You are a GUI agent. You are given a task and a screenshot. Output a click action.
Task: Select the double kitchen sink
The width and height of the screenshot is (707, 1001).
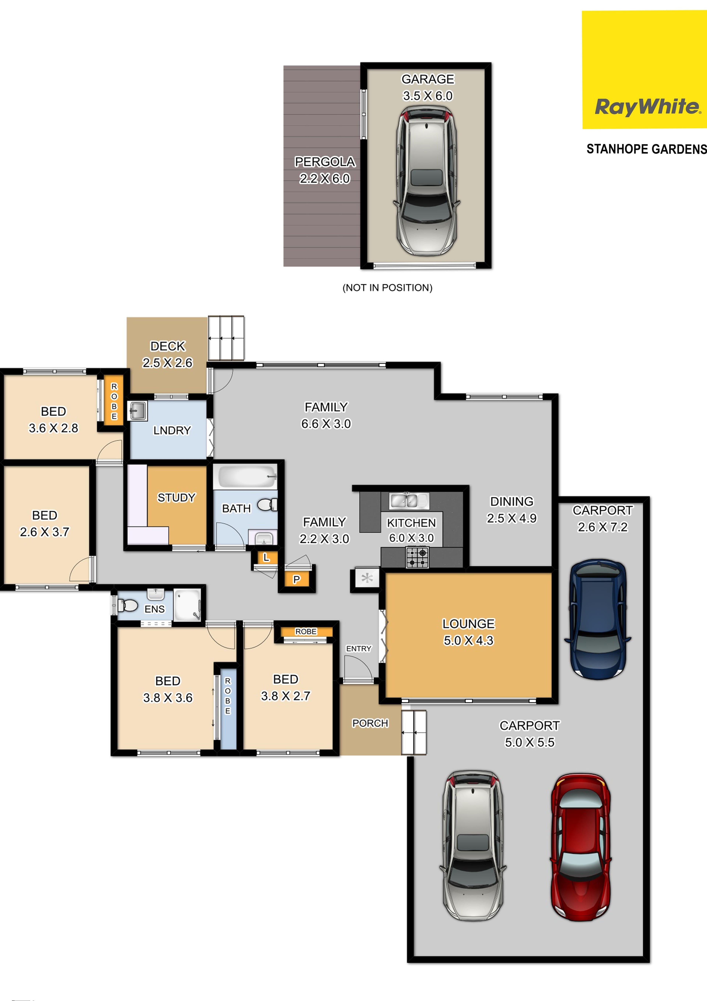coord(409,501)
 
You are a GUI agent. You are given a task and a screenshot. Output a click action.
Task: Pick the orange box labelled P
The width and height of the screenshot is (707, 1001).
coord(297,579)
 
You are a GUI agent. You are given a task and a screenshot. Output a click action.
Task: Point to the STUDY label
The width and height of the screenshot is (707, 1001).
coord(176,497)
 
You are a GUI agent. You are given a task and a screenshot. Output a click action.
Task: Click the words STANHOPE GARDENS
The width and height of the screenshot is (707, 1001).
coord(646,149)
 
